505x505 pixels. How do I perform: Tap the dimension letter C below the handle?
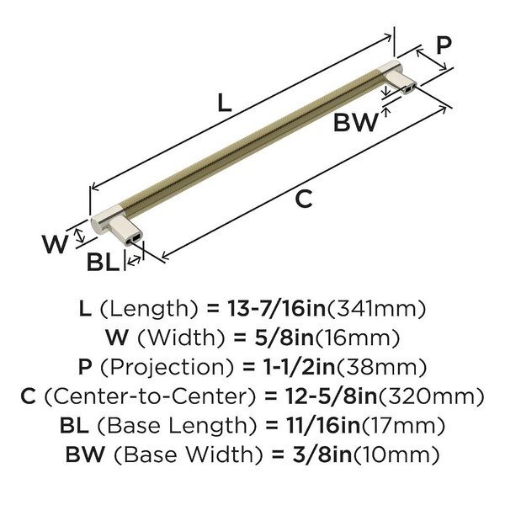[x=303, y=199]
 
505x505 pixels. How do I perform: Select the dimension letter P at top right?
[x=444, y=45]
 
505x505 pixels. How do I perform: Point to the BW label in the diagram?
[x=356, y=122]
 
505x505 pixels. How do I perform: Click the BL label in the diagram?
[x=103, y=262]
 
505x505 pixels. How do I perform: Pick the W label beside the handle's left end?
[x=55, y=244]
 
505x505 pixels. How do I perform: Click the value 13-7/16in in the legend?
[x=277, y=309]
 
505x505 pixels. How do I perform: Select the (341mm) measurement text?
[x=376, y=309]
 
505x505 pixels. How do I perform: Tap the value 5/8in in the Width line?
[x=284, y=338]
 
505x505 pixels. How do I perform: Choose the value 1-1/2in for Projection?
[x=299, y=367]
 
